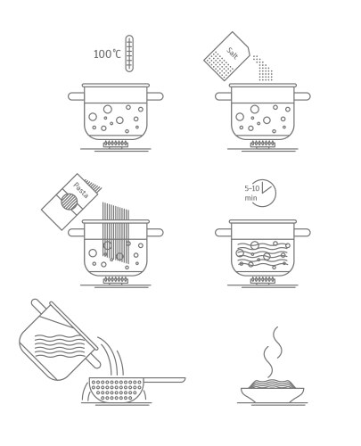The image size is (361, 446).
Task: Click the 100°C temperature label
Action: coord(107,54)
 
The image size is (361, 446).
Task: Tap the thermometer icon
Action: coord(129,54)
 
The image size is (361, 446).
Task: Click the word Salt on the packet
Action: coord(233,53)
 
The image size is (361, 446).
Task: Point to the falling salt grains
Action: coord(263,69)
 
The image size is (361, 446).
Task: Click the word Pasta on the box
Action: coord(81,190)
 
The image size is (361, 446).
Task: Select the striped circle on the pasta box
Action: coord(70,202)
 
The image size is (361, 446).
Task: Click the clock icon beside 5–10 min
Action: coord(264,193)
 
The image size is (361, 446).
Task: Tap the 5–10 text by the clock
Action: coord(252,188)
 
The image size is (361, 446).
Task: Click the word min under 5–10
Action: coord(250,198)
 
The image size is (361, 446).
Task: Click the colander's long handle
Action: coord(164,380)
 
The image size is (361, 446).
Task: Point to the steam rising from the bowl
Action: coord(273,351)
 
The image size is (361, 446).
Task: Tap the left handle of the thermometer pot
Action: coord(76,96)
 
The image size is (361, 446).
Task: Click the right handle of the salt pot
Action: coord(302,96)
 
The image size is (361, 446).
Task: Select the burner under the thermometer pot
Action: coord(116,145)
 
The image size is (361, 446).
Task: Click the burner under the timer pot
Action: coord(263,280)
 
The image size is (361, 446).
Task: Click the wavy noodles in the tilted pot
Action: coord(59,346)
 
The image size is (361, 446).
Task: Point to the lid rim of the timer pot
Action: coord(263,222)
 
